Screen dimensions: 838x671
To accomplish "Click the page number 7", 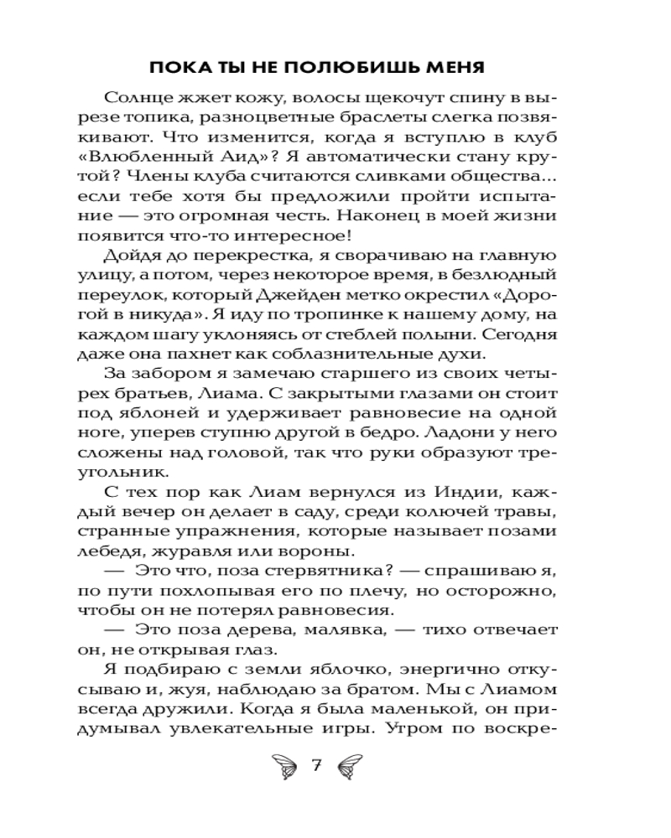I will [x=317, y=764].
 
